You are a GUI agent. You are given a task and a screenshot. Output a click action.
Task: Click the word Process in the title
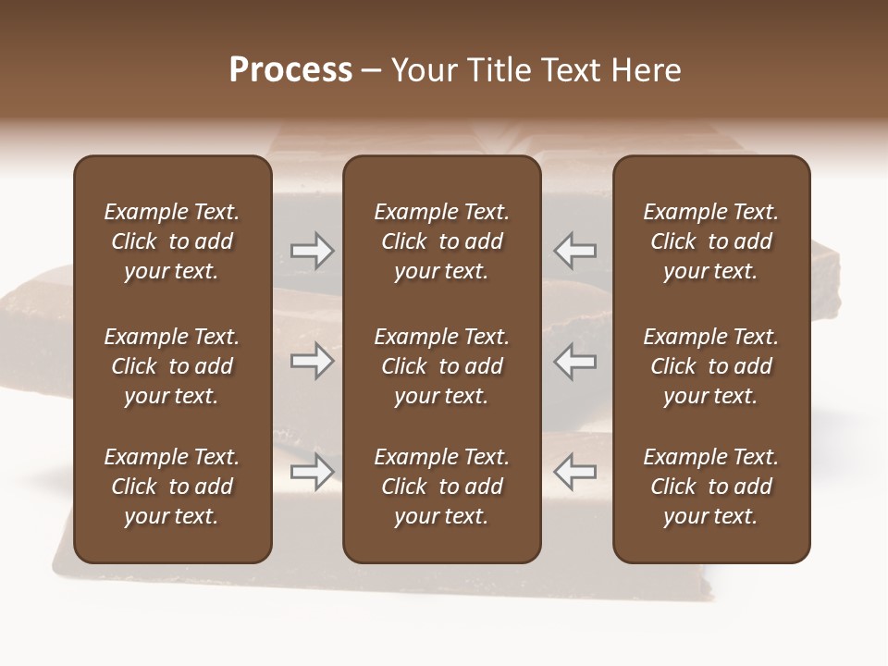pyautogui.click(x=290, y=70)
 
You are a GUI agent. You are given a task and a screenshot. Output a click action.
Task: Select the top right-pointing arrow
pyautogui.click(x=313, y=251)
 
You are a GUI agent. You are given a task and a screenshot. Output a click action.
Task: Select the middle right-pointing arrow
pyautogui.click(x=313, y=361)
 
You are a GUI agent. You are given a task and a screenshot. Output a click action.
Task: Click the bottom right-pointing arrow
pyautogui.click(x=313, y=472)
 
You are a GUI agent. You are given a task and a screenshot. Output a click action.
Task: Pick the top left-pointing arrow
pyautogui.click(x=575, y=251)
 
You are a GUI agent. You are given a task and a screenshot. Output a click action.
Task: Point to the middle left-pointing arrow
pyautogui.click(x=575, y=361)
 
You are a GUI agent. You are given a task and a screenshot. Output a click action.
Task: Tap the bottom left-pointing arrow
pyautogui.click(x=575, y=472)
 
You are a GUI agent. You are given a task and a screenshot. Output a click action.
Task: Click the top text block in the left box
pyautogui.click(x=172, y=241)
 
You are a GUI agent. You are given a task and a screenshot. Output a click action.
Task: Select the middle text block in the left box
pyautogui.click(x=172, y=366)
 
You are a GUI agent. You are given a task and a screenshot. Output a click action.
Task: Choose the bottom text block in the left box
pyautogui.click(x=172, y=487)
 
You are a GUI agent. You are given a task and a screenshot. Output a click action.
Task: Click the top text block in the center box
pyautogui.click(x=442, y=241)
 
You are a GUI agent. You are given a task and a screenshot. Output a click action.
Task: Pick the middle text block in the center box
pyautogui.click(x=442, y=366)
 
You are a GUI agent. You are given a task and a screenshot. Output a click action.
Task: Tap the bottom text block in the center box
pyautogui.click(x=442, y=487)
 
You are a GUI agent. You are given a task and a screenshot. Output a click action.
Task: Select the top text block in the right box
pyautogui.click(x=711, y=241)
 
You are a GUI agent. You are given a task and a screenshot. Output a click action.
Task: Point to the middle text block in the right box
pyautogui.click(x=711, y=366)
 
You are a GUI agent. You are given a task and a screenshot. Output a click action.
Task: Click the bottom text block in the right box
pyautogui.click(x=711, y=487)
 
